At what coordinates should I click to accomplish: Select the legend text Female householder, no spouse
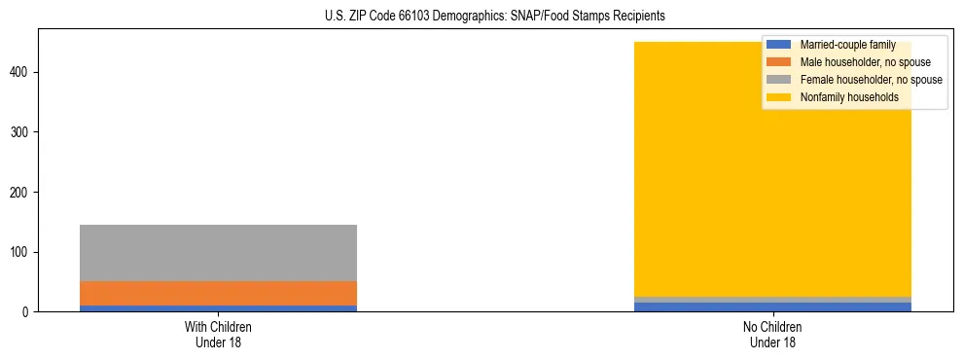(871, 80)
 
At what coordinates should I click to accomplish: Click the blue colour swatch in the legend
(779, 45)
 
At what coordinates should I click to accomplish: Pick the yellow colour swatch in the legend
(779, 97)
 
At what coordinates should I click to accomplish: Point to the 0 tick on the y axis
(28, 312)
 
